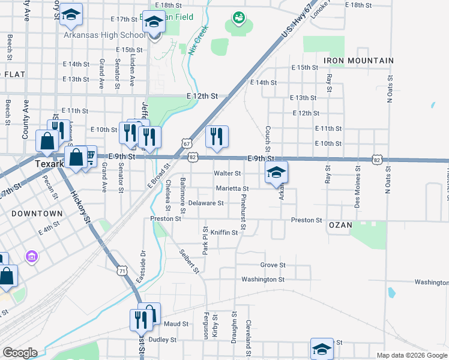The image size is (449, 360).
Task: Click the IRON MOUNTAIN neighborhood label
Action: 358,61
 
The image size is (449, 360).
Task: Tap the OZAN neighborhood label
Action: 340,225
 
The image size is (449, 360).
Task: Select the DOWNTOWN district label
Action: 40,213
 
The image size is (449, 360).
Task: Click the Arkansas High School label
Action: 104,35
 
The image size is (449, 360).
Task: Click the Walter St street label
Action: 228,173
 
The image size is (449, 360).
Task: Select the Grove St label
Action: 273,265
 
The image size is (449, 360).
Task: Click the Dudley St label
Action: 163,339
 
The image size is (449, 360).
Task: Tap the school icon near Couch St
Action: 276,172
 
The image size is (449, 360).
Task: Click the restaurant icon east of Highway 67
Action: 217,136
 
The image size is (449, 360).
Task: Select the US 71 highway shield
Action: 122,271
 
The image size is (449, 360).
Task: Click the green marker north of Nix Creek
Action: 239,18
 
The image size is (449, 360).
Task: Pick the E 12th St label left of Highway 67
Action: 202,96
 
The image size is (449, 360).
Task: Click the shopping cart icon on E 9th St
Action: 90,157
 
